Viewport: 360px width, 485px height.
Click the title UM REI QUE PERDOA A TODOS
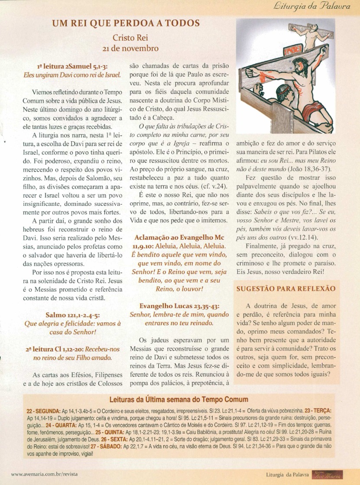click(126, 23)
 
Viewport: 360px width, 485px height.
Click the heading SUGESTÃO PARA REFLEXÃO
click(285, 288)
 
